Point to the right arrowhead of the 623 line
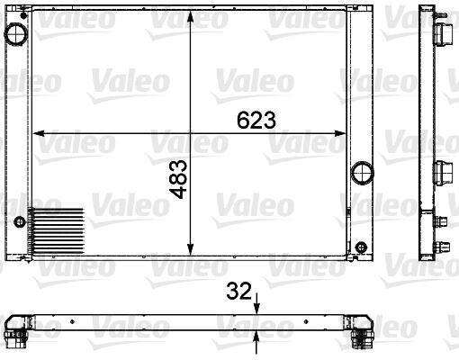click(x=344, y=133)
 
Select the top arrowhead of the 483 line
click(x=190, y=16)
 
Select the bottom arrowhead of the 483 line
click(x=190, y=253)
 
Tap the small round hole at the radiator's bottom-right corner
click(x=361, y=248)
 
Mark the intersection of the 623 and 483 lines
click(x=190, y=133)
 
